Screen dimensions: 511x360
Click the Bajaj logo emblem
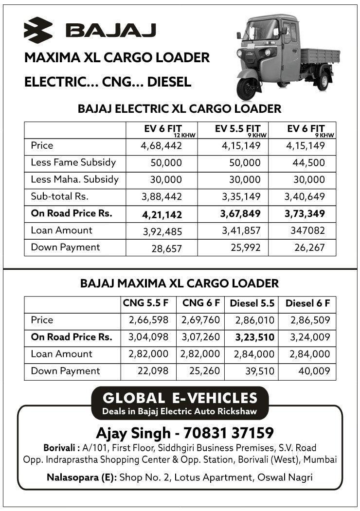tap(38, 30)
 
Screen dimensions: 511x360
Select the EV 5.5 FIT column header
tap(238, 129)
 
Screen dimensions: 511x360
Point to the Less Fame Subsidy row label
tap(73, 162)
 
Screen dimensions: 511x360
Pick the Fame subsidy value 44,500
tap(308, 163)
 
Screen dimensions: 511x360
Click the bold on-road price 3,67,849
tap(240, 213)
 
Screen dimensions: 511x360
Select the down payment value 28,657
tap(166, 248)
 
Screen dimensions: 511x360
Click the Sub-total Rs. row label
tap(59, 196)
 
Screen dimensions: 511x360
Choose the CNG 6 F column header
tap(201, 303)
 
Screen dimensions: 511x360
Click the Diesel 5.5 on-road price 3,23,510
tap(254, 337)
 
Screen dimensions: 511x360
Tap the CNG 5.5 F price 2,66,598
tap(148, 320)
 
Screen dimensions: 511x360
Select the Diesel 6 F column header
tap(307, 303)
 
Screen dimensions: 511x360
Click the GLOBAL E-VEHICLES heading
tap(180, 398)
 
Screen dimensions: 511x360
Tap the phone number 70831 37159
tap(225, 433)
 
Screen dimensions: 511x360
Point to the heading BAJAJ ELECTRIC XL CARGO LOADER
tap(180, 109)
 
